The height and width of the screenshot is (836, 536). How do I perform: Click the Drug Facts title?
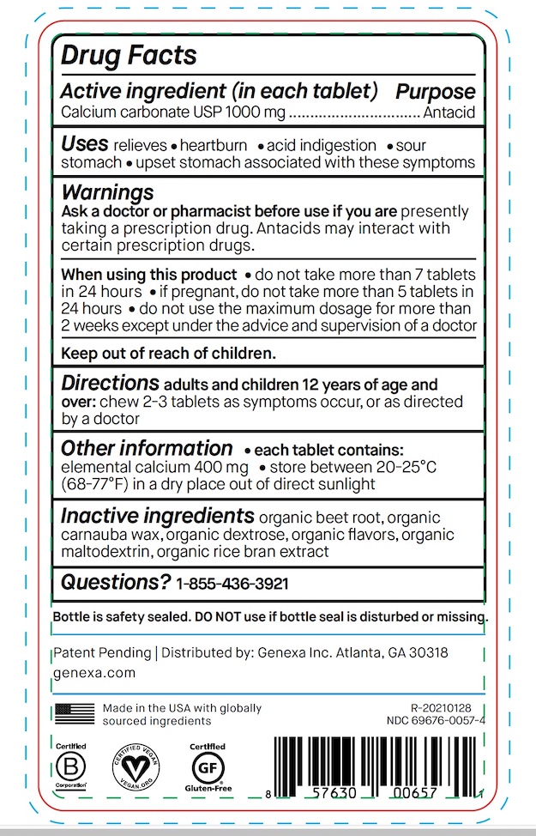pyautogui.click(x=129, y=57)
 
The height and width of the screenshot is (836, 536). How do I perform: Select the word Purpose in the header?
pyautogui.click(x=435, y=92)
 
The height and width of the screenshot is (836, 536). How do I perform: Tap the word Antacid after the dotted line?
pyautogui.click(x=449, y=112)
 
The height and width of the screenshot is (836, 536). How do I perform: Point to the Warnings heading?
pyautogui.click(x=107, y=191)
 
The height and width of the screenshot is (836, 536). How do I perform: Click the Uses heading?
pyautogui.click(x=84, y=144)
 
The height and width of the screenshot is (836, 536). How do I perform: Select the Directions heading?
pyautogui.click(x=110, y=383)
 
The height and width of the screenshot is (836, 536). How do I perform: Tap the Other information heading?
pyautogui.click(x=146, y=449)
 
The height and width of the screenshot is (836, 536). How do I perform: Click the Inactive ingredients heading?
pyautogui.click(x=157, y=516)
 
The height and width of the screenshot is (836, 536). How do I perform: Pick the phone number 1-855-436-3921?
pyautogui.click(x=232, y=585)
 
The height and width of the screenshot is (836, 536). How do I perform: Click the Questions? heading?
pyautogui.click(x=115, y=583)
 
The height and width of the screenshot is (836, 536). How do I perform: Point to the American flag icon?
pyautogui.click(x=75, y=713)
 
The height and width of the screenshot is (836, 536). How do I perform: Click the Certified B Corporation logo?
pyautogui.click(x=72, y=766)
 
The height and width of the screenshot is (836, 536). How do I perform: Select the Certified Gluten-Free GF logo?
pyautogui.click(x=207, y=766)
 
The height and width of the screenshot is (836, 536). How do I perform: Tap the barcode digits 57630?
pyautogui.click(x=332, y=794)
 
